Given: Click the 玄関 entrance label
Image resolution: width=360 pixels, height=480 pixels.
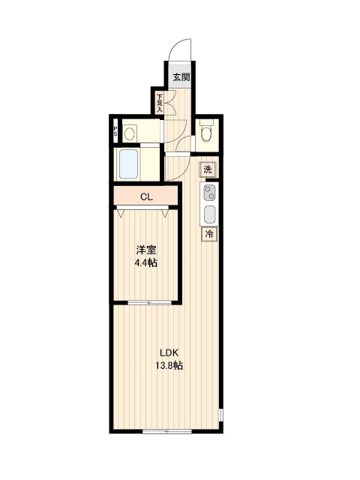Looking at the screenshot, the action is coord(181,77).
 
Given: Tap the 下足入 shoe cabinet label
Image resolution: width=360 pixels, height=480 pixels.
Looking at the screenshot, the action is coord(160,103).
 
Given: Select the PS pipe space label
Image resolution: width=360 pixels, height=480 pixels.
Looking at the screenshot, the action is coord(115,131).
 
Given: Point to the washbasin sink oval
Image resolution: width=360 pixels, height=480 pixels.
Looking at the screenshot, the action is coord(130,134).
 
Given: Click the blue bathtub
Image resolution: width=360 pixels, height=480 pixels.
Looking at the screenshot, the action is coord(128,164).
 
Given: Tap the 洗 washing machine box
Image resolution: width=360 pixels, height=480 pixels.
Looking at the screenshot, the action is coord(208,169).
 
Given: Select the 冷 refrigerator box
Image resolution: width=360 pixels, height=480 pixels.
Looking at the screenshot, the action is coord(209,234).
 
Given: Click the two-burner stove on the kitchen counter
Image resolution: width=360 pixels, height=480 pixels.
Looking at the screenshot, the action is coord(210,193).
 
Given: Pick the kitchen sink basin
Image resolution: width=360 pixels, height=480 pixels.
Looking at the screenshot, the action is coord(210,214).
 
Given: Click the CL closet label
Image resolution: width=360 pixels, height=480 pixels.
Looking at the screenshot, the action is coord(147,196).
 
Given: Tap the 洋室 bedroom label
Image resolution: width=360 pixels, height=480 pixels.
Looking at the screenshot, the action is coord(146,250).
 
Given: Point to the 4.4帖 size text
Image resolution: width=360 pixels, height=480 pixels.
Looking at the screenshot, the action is coord(146,262).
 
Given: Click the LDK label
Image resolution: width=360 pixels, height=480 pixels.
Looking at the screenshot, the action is coord(169,352).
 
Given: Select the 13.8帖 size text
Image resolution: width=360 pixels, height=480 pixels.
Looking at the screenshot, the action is coord(169,365).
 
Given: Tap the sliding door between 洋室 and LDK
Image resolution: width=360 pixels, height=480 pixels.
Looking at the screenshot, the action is coord(149,303).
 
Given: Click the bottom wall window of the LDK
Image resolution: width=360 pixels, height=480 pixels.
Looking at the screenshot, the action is coord(167,431).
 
